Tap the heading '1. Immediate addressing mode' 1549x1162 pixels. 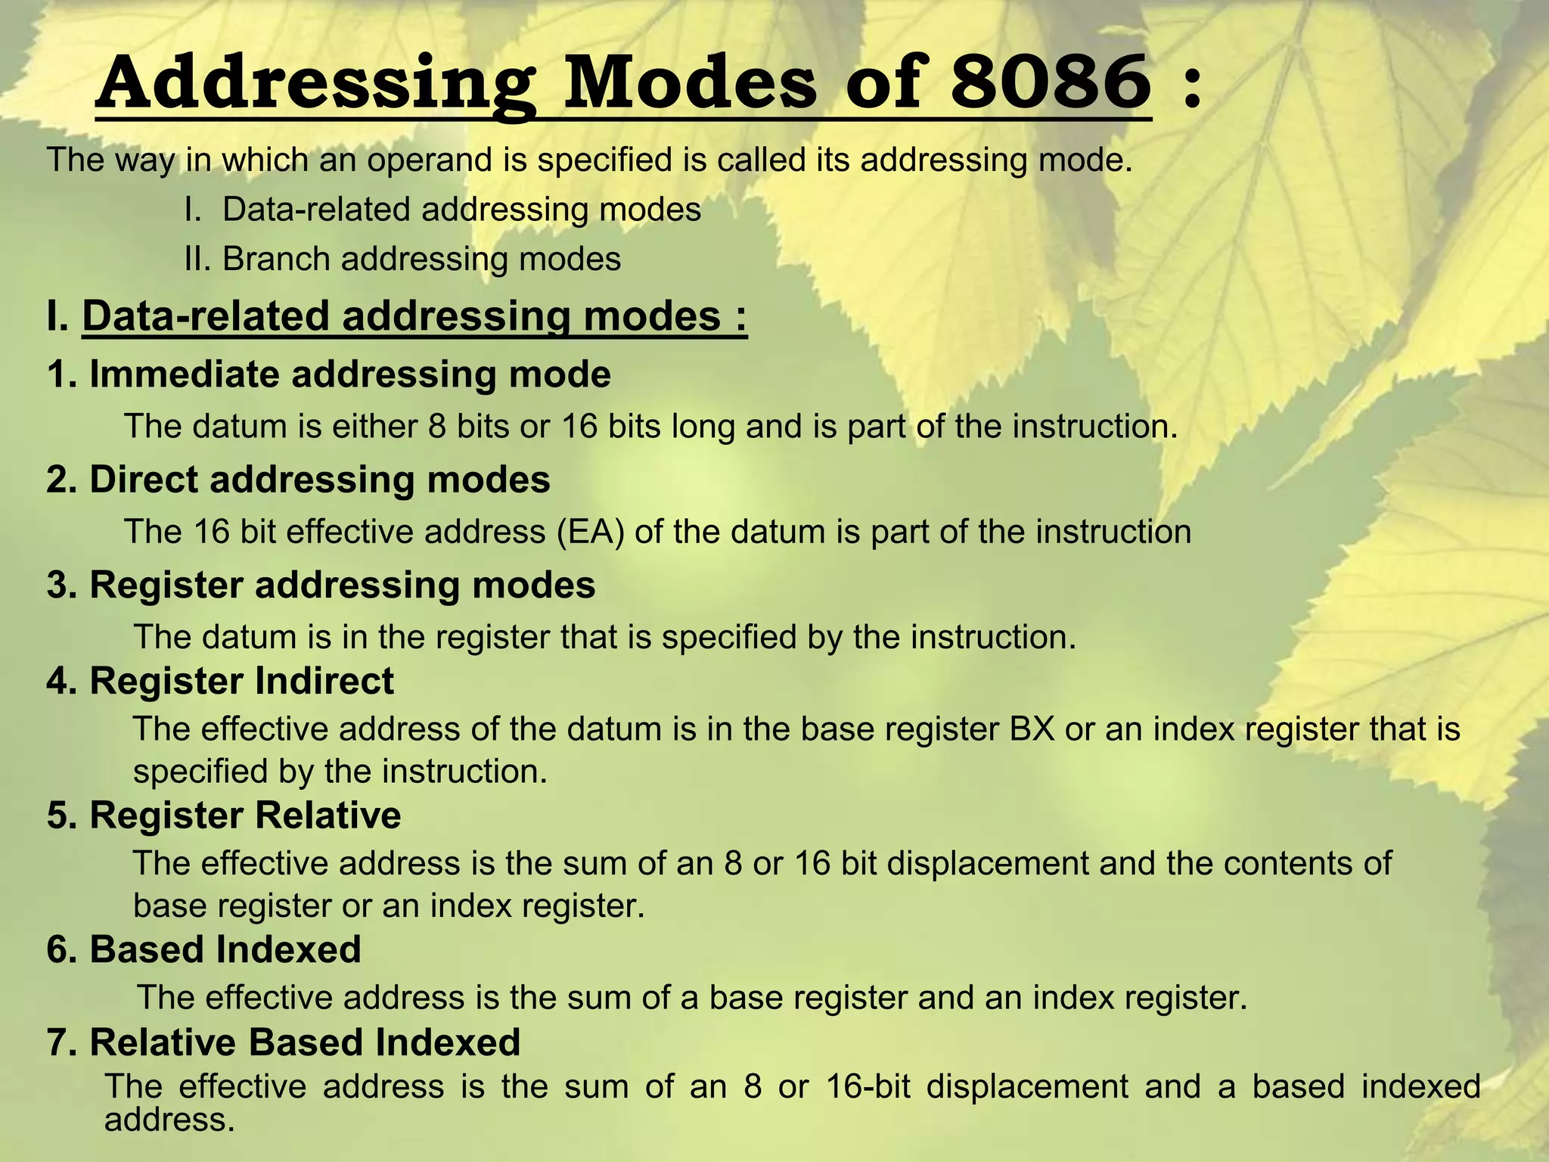point(329,374)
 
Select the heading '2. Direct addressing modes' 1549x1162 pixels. point(299,480)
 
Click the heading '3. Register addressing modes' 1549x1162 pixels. point(321,585)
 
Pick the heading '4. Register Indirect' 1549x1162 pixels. point(220,681)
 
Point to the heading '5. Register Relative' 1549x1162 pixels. point(224,816)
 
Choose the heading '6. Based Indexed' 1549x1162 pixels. point(204,949)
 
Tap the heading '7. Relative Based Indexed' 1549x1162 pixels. point(284,1042)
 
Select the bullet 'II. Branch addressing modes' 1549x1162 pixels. point(403,259)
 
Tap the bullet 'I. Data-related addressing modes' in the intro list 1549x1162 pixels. point(443,210)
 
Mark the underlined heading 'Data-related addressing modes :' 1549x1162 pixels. point(414,316)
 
